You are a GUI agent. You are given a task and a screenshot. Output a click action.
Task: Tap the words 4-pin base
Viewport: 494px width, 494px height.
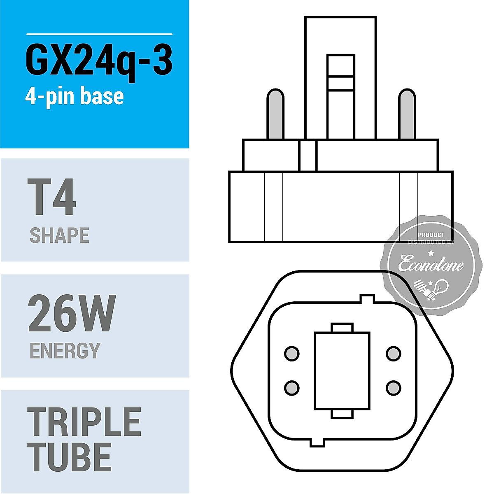point(75,96)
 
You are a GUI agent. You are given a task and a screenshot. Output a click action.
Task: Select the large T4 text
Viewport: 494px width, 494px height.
point(52,197)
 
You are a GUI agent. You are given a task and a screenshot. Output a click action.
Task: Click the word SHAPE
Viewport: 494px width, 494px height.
point(59,235)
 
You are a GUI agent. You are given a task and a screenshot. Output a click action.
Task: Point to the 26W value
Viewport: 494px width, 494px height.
point(72,314)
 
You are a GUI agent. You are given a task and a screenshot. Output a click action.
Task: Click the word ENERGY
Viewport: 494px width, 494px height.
point(65,351)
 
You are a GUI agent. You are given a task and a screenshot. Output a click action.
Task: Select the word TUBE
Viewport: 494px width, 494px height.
point(70,457)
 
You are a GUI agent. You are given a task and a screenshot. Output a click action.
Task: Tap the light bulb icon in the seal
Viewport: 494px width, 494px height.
point(441,287)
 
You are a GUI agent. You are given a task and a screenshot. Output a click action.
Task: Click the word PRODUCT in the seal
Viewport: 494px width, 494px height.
point(431,235)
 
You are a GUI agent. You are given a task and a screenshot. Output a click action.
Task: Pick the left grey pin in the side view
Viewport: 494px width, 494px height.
point(275,114)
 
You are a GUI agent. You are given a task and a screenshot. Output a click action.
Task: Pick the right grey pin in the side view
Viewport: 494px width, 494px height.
point(407,114)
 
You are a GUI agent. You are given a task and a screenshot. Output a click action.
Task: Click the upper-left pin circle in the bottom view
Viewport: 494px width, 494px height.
point(292,354)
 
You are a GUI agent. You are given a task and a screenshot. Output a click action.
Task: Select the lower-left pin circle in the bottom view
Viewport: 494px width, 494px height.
point(292,387)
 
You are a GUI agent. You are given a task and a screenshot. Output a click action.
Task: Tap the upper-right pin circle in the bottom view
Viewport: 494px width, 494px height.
point(393,354)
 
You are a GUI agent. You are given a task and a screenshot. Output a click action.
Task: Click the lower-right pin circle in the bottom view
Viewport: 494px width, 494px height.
point(393,387)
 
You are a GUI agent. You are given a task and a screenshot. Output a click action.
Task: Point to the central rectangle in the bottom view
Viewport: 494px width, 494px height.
point(342,370)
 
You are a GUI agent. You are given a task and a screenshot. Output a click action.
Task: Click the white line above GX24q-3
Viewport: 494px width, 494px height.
point(99,34)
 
